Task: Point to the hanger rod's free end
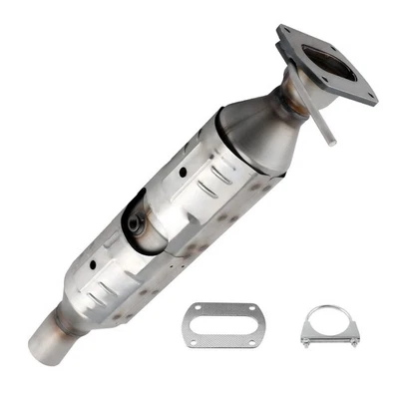[x=331, y=144]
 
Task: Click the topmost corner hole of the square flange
[x=286, y=33]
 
